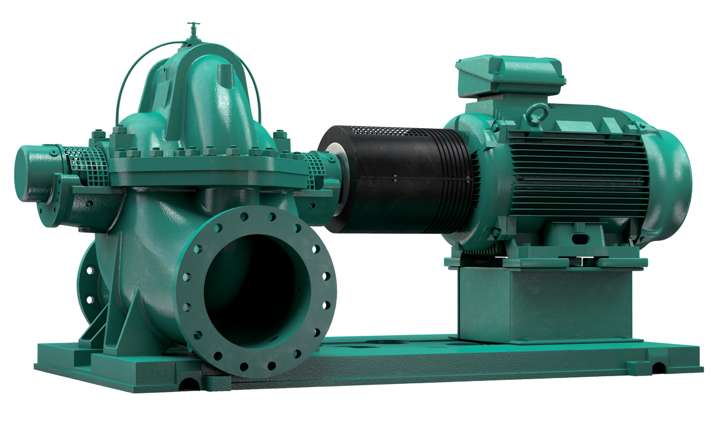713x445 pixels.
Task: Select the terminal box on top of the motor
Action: point(509,76)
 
